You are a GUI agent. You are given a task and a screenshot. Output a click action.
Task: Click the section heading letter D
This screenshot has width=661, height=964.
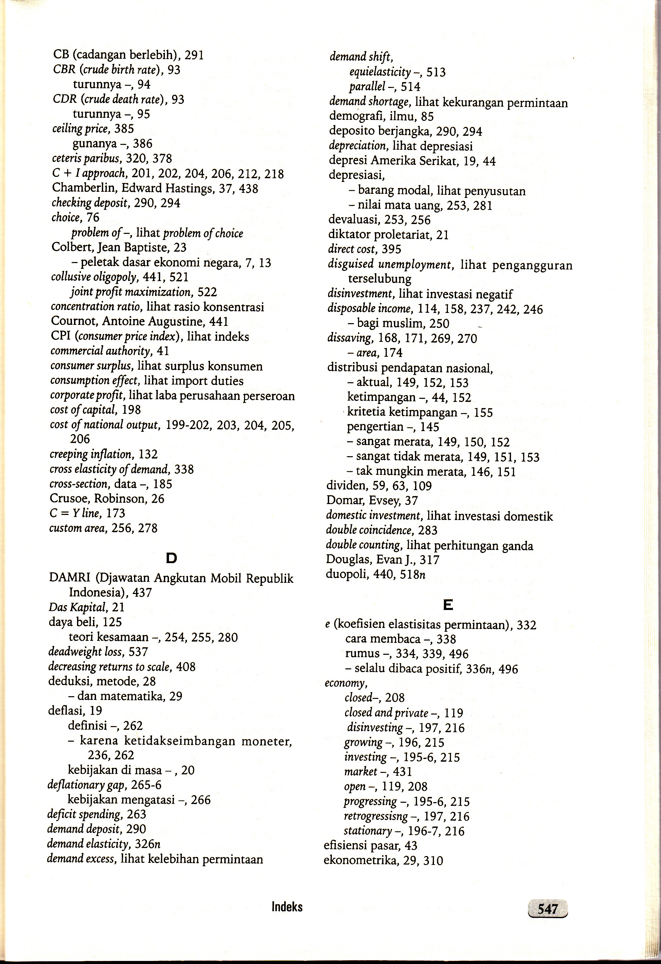point(171,558)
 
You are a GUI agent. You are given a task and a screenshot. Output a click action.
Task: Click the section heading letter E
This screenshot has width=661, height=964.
point(448,605)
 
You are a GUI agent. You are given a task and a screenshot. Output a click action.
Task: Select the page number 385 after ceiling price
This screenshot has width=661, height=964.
point(124,129)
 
